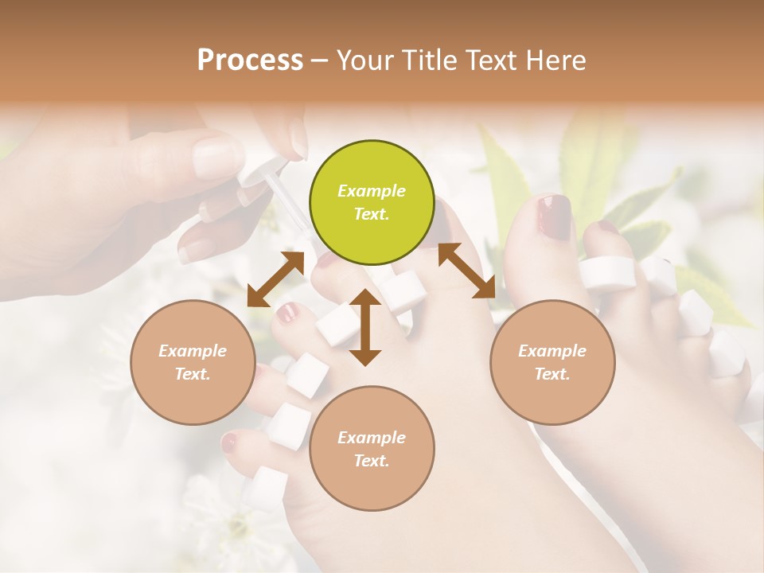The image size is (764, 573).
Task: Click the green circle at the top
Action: tap(372, 203)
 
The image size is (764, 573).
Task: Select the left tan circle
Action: tap(193, 362)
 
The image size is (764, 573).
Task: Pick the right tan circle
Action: tap(552, 362)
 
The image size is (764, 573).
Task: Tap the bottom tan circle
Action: tap(372, 449)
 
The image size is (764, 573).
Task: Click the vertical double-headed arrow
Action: tap(365, 327)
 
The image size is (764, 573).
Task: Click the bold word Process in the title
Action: tap(250, 60)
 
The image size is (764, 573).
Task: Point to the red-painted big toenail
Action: tap(553, 216)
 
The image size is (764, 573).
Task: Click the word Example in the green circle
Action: tap(372, 191)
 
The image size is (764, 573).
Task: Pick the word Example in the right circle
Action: tap(552, 351)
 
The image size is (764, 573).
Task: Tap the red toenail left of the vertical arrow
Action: tap(287, 313)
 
